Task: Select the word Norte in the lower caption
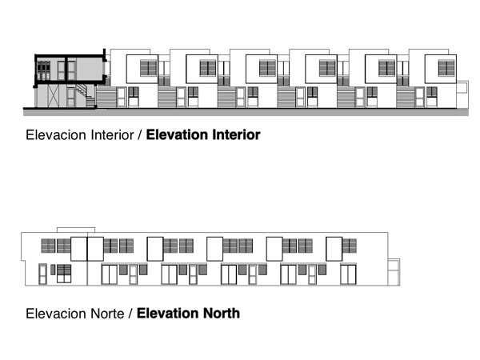click(107, 314)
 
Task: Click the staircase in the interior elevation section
click(86, 95)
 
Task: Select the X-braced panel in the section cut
click(54, 96)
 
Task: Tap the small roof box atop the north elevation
click(76, 230)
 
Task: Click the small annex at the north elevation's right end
click(394, 272)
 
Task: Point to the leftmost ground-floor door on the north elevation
click(42, 274)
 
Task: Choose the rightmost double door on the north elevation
click(348, 274)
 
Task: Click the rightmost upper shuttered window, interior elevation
click(446, 68)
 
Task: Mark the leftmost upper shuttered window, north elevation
click(48, 246)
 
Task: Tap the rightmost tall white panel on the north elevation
click(334, 249)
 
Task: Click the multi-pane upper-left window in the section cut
click(43, 70)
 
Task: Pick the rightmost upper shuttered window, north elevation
click(350, 246)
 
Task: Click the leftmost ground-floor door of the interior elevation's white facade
click(122, 97)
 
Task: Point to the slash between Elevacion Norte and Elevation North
click(130, 314)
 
